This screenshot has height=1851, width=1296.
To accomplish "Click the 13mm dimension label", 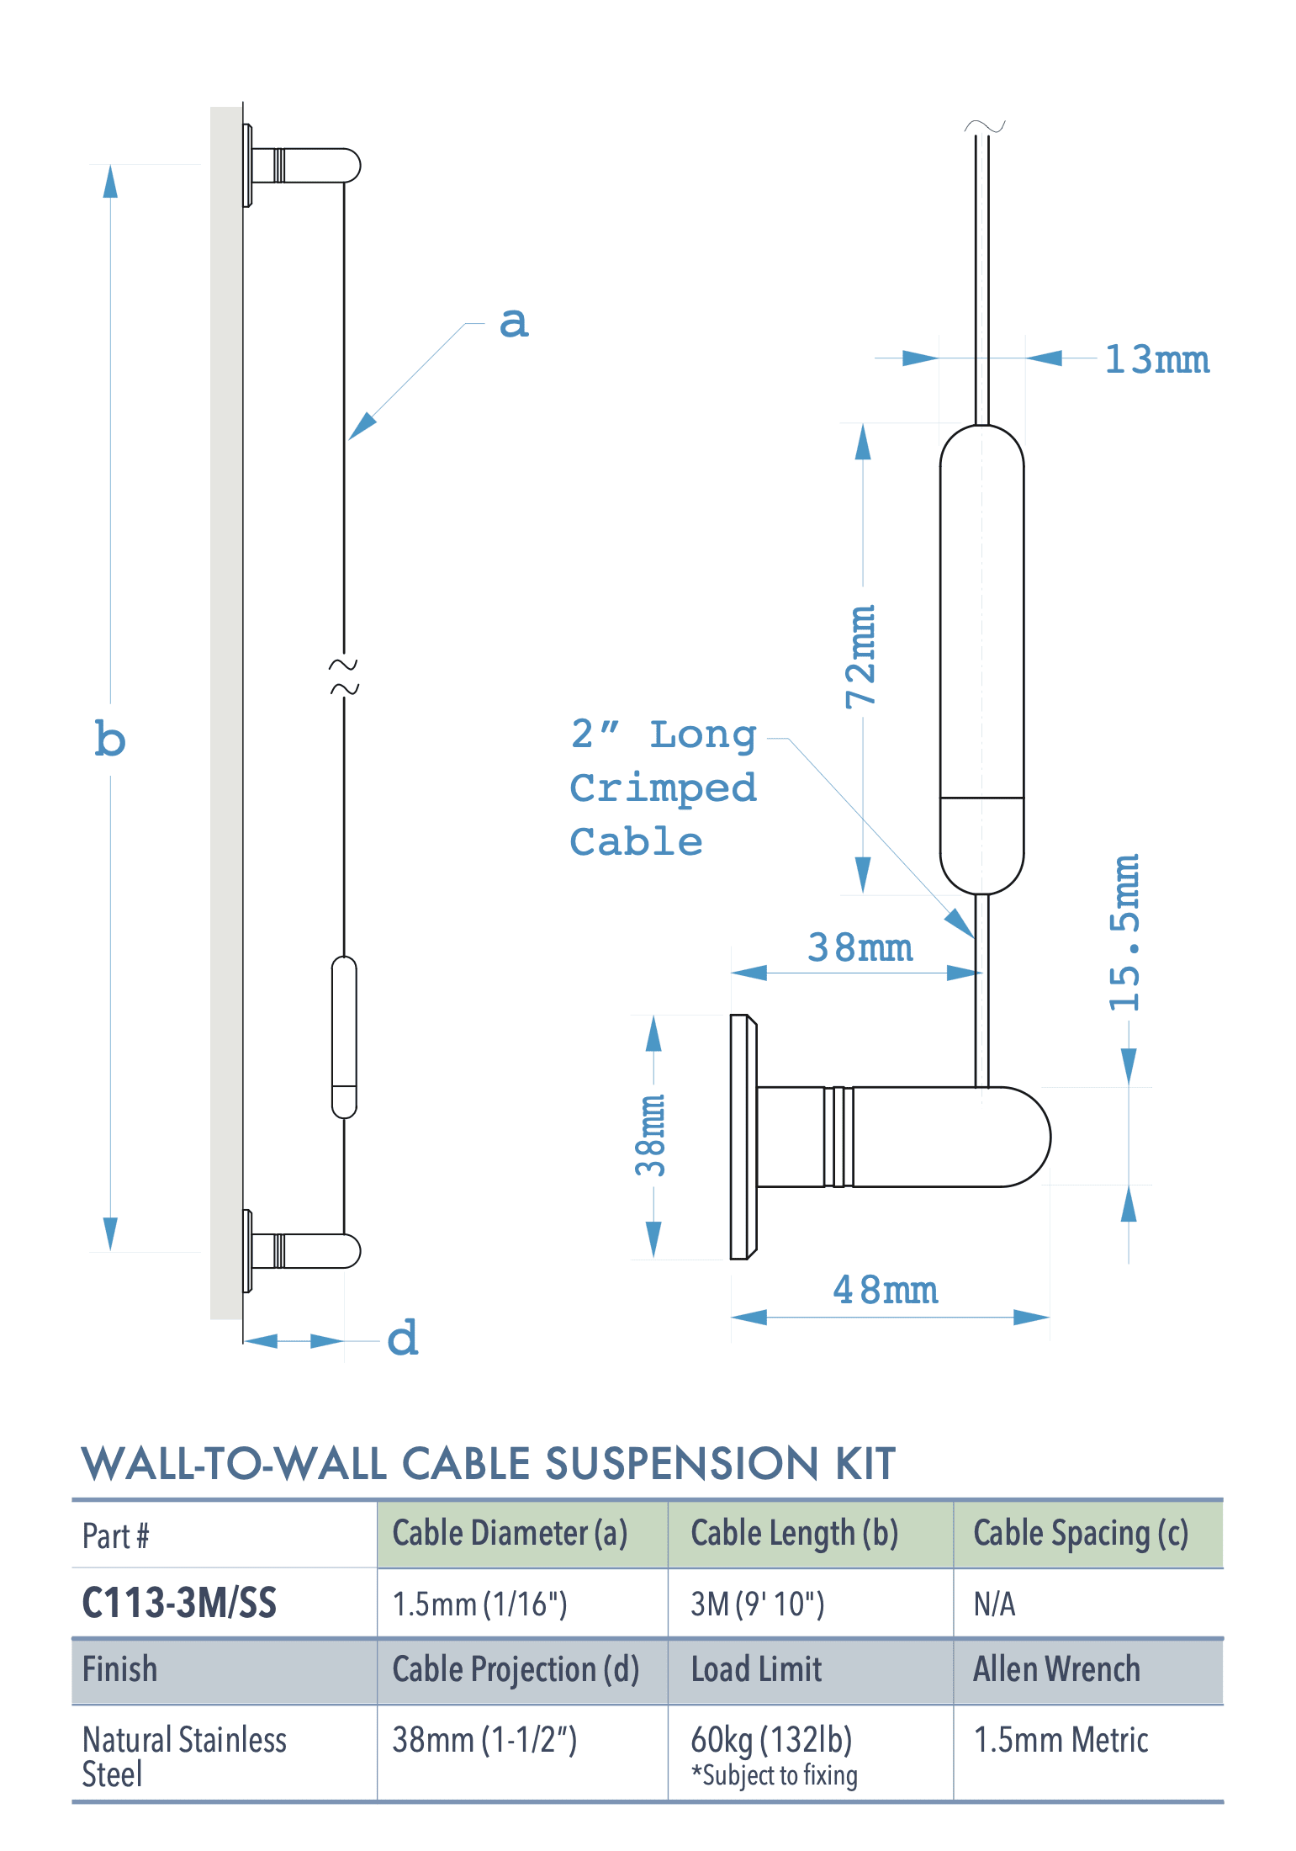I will tap(1156, 359).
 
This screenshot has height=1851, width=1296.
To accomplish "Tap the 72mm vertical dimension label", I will tap(861, 656).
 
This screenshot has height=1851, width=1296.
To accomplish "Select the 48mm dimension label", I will tap(885, 1290).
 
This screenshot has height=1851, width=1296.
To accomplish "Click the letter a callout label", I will tap(514, 322).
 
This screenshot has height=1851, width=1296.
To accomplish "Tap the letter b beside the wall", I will tap(110, 740).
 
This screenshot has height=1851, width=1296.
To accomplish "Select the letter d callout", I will tap(403, 1338).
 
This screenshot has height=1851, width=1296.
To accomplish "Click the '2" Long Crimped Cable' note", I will tap(663, 788).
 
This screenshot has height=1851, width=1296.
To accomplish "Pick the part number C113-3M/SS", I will tap(179, 1603).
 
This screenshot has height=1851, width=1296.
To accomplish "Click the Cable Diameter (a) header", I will tap(510, 1533).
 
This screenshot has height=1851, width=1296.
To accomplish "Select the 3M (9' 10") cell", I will tap(757, 1604).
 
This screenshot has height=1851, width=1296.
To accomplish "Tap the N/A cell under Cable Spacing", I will tap(994, 1604).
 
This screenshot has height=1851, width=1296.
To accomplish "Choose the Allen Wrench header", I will tap(1056, 1669).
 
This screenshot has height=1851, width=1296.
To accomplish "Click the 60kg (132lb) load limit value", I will tap(771, 1738).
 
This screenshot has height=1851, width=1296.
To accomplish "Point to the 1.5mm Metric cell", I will tap(1061, 1739).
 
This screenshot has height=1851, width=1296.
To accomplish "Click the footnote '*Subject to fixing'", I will tap(775, 1775).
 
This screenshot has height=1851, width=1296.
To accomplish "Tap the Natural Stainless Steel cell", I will tap(184, 1756).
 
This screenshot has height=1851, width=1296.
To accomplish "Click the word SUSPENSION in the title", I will tap(681, 1464).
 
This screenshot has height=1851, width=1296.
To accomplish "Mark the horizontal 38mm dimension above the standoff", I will tap(860, 947).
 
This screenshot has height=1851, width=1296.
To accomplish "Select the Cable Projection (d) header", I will tap(516, 1669).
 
